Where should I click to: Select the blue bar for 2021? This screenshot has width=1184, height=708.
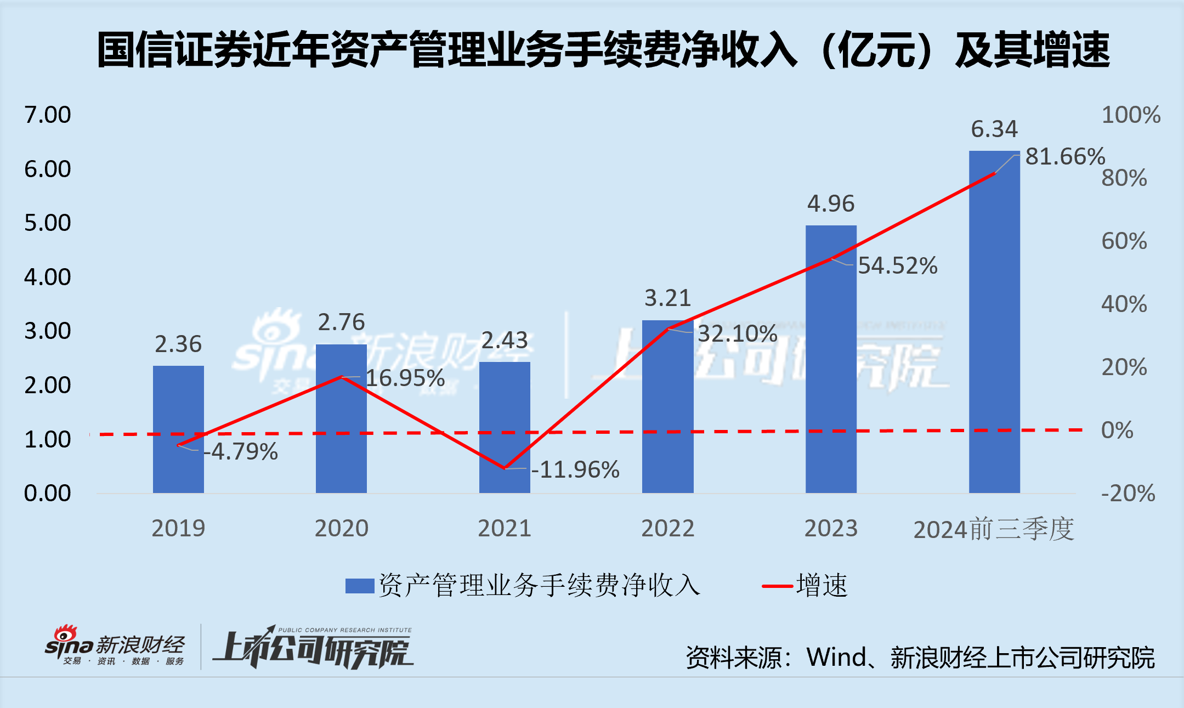tap(505, 427)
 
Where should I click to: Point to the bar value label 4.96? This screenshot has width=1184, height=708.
tap(831, 204)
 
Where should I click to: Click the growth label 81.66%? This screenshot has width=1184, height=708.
tap(1064, 157)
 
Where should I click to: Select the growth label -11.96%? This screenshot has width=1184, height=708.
tap(576, 470)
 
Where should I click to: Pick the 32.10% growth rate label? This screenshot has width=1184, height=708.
tap(738, 333)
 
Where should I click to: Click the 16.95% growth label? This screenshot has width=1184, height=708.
tap(405, 378)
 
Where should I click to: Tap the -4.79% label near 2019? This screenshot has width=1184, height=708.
tap(241, 452)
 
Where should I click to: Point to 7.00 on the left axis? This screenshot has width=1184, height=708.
tap(48, 115)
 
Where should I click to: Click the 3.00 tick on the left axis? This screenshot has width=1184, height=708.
tap(48, 331)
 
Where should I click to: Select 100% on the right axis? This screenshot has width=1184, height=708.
tap(1131, 115)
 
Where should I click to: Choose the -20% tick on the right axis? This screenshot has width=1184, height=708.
tap(1128, 494)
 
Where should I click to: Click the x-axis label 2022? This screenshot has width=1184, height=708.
tap(667, 529)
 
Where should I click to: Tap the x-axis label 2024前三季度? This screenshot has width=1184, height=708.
tap(993, 530)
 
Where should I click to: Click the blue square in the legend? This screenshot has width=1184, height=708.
tap(359, 586)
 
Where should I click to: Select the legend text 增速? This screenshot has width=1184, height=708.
tap(822, 586)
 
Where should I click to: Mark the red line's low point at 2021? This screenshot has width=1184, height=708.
tap(505, 468)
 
